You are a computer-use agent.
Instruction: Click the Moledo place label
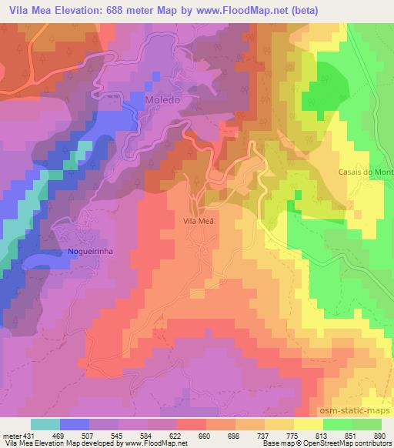pos(162,101)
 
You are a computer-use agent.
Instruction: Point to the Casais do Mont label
pos(365,172)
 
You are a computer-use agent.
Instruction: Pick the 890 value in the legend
pos(379,436)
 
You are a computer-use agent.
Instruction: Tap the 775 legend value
pos(291,436)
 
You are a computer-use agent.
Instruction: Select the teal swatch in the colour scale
pos(45,424)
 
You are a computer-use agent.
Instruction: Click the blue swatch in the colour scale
pos(75,424)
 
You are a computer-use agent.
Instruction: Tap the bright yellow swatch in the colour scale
pos(308,424)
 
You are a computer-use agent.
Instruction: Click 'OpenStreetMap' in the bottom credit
pos(317,444)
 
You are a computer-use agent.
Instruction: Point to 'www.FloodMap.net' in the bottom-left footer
pos(157,444)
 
